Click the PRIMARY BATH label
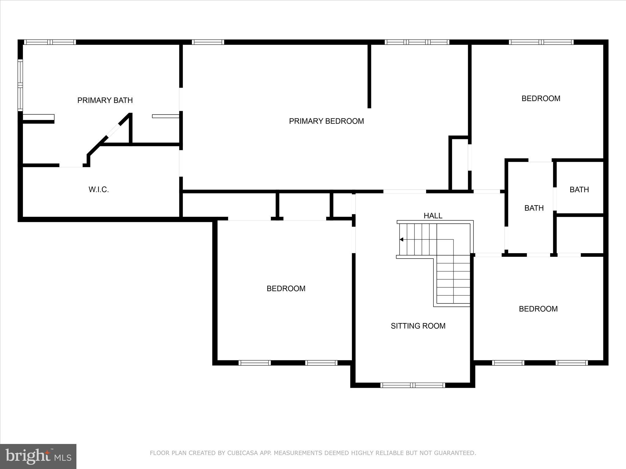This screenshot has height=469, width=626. click(x=105, y=100)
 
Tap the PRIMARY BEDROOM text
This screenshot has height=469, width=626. click(x=326, y=121)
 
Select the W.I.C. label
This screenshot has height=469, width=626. click(x=99, y=190)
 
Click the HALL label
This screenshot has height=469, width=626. click(x=433, y=216)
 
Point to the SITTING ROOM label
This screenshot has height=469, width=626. click(x=418, y=326)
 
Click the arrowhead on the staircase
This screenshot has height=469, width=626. click(x=401, y=239)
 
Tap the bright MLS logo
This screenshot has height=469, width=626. click(x=38, y=456)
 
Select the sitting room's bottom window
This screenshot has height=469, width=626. click(x=413, y=385)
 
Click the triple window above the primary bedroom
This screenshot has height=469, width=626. click(x=417, y=42)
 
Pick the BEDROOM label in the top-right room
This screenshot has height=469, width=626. click(x=541, y=99)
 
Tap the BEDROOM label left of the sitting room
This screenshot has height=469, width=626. click(x=286, y=289)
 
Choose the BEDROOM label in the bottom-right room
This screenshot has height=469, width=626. click(x=538, y=309)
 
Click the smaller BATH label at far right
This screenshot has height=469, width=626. click(x=579, y=190)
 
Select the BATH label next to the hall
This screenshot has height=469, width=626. click(x=534, y=208)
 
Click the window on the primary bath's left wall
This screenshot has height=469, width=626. click(x=20, y=85)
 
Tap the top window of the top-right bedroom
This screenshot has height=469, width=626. click(x=541, y=42)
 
